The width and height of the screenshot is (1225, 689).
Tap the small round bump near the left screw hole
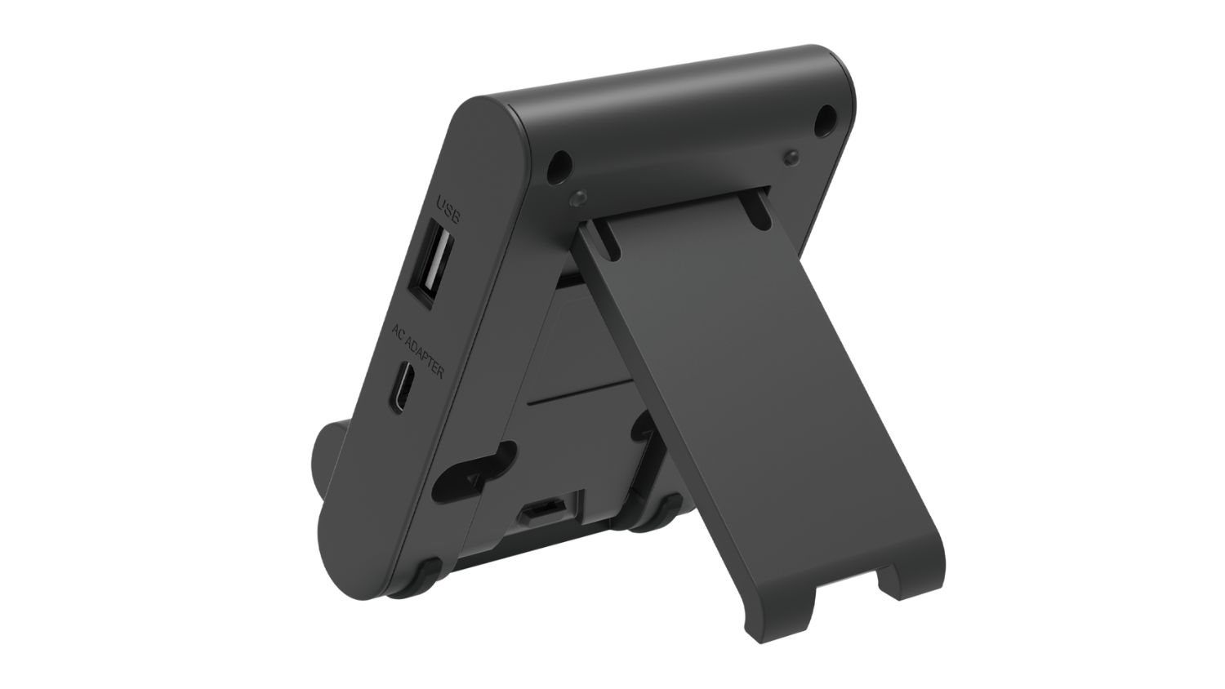tap(577, 198)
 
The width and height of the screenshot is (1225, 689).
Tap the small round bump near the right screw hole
tap(790, 155)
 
